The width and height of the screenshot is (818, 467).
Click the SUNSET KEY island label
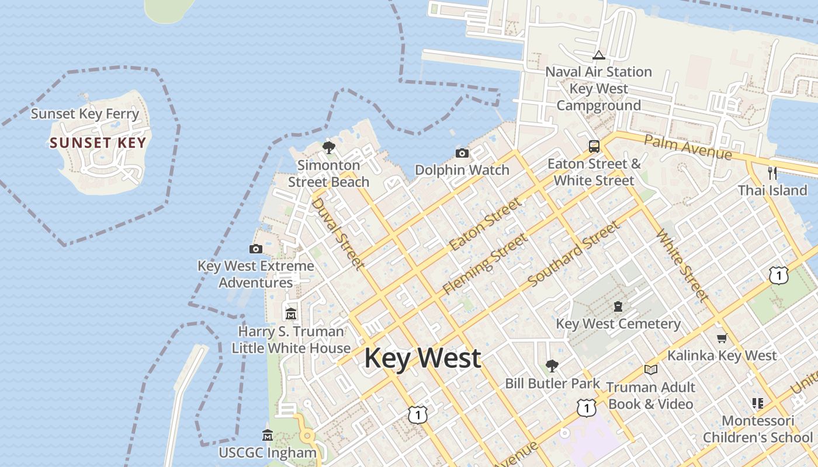pyautogui.click(x=98, y=143)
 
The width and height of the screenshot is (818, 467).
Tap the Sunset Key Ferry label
pyautogui.click(x=85, y=113)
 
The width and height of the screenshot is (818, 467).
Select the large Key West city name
pyautogui.click(x=422, y=358)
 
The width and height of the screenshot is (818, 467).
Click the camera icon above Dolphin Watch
pyautogui.click(x=462, y=154)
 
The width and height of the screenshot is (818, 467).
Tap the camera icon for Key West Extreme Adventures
pyautogui.click(x=255, y=249)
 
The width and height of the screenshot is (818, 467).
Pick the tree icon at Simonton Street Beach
pyautogui.click(x=328, y=147)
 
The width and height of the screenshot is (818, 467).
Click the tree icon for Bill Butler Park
pyautogui.click(x=552, y=366)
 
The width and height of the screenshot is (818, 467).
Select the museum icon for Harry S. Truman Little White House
pyautogui.click(x=291, y=314)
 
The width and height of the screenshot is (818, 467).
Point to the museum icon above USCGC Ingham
pyautogui.click(x=268, y=435)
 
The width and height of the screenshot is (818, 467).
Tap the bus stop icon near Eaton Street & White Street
pyautogui.click(x=594, y=146)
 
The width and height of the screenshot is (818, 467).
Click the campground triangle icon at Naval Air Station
pyautogui.click(x=598, y=55)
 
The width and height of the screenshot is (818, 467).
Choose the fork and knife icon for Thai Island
pyautogui.click(x=772, y=173)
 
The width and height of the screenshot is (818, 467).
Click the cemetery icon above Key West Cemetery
pyautogui.click(x=618, y=306)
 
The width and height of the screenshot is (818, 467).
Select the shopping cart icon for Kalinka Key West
pyautogui.click(x=722, y=338)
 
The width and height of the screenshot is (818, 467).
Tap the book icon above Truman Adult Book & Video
pyautogui.click(x=650, y=370)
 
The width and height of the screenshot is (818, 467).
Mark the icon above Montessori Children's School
pyautogui.click(x=758, y=403)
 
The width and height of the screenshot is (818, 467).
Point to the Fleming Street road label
pyautogui.click(x=484, y=264)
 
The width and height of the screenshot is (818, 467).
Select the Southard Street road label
pyautogui.click(x=573, y=255)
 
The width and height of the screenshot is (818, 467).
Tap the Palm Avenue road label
pyautogui.click(x=688, y=147)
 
